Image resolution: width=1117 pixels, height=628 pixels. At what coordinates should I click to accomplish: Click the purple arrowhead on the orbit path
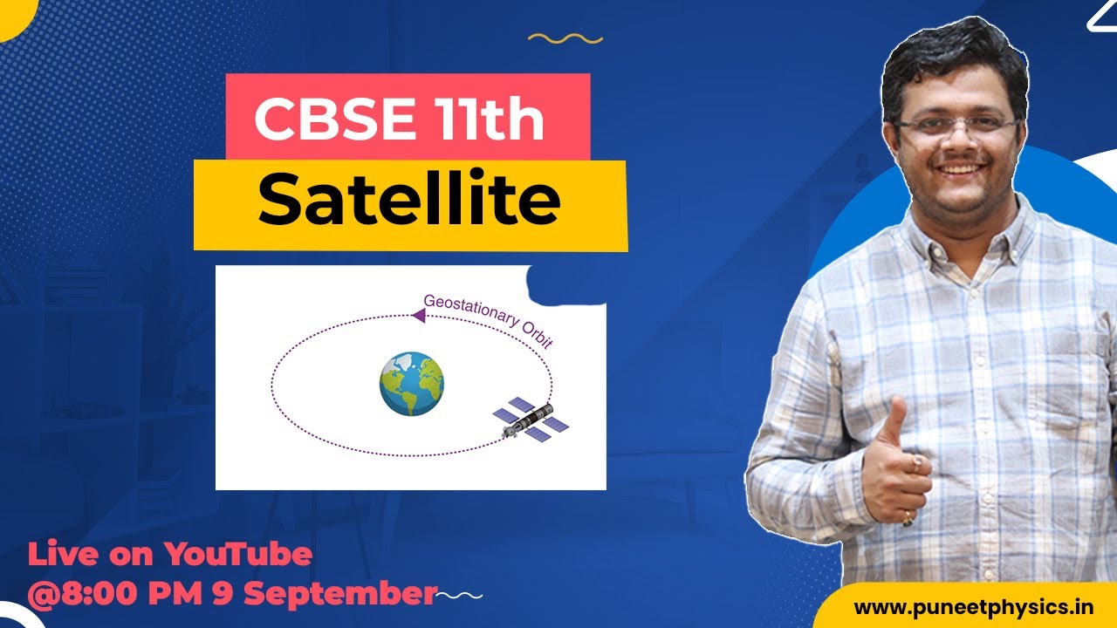click(x=418, y=316)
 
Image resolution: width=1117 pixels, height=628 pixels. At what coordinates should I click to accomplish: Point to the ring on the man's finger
click(x=915, y=460)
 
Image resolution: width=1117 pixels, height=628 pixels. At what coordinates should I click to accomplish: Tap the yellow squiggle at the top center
click(x=565, y=38)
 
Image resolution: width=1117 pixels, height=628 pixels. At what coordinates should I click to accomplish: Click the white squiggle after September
click(x=460, y=596)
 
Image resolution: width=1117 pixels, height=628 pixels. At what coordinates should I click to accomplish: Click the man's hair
click(x=951, y=61)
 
